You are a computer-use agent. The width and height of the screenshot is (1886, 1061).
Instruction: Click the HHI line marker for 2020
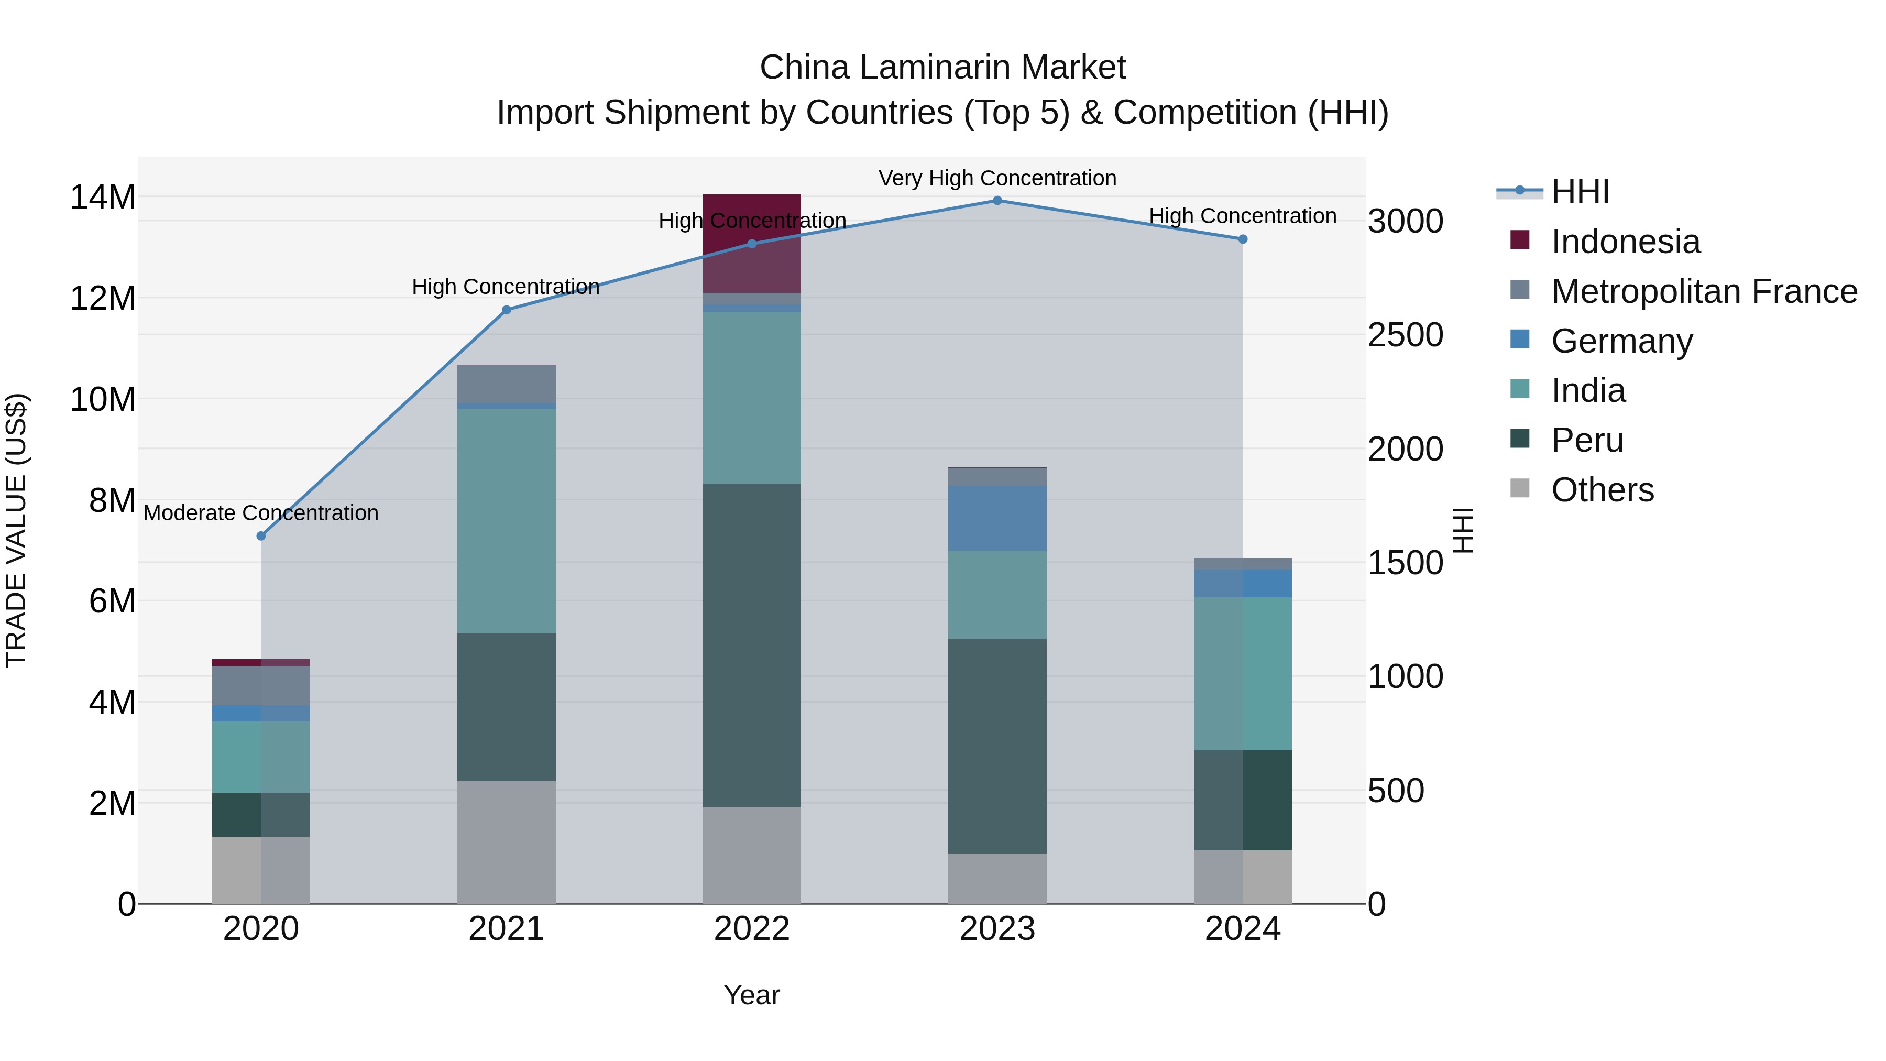[261, 536]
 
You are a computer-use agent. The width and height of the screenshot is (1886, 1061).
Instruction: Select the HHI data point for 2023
[997, 201]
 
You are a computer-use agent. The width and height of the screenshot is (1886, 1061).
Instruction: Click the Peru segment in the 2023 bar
[997, 746]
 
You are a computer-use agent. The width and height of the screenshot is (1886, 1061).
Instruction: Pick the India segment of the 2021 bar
[506, 521]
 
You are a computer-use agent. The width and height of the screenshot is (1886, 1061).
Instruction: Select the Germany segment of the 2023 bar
[997, 518]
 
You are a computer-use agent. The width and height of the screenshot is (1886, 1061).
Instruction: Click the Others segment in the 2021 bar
[506, 842]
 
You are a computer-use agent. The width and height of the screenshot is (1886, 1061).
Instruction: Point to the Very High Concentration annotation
[997, 179]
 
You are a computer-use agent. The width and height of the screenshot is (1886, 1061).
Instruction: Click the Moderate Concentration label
[261, 513]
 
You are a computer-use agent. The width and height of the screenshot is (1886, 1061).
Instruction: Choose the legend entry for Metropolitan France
[1704, 291]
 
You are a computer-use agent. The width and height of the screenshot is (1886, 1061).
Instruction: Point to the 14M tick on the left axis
[103, 198]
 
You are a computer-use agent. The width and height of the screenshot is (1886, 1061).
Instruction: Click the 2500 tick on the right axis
[1405, 335]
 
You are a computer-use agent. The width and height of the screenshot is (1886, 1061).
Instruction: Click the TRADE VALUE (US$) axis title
[16, 530]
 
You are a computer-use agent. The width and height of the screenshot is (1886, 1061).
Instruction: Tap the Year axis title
[752, 996]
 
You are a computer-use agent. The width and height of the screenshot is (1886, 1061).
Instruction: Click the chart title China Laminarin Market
[942, 68]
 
